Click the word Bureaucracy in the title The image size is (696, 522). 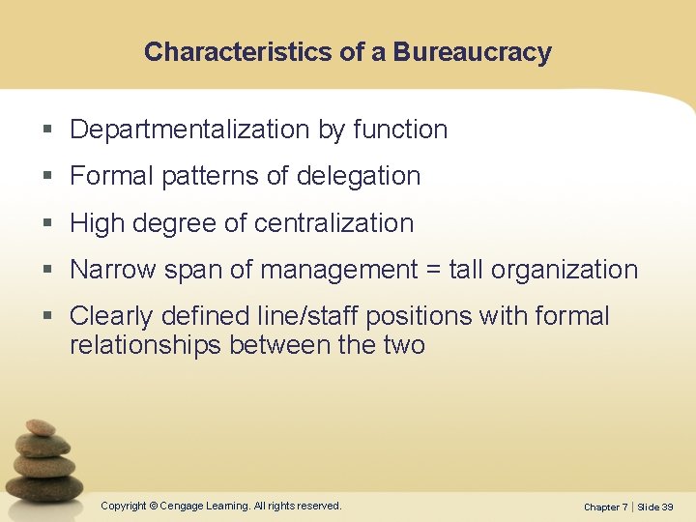(472, 52)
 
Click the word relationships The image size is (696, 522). (145, 345)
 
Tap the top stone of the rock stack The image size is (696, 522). (41, 427)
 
